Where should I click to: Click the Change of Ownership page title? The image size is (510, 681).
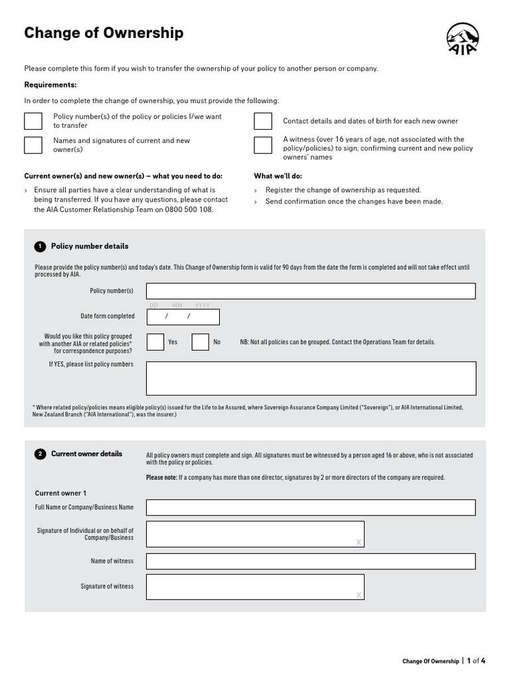click(104, 33)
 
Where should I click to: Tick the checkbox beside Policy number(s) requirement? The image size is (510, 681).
click(33, 121)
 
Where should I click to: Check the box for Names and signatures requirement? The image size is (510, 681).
click(33, 145)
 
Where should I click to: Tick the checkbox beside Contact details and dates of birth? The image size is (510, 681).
click(263, 121)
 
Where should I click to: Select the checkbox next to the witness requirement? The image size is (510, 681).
click(263, 145)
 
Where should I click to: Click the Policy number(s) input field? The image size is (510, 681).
click(311, 291)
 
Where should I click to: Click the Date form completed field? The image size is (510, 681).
click(183, 317)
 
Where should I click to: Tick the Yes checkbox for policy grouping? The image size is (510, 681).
click(155, 342)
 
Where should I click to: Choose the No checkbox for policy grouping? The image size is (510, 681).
click(201, 342)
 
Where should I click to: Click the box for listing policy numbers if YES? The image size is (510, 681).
click(311, 378)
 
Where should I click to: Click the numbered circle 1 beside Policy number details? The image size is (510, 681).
click(40, 247)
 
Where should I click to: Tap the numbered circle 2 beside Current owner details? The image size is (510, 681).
click(40, 454)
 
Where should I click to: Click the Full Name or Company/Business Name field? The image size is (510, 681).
click(311, 507)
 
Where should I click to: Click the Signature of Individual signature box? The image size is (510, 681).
click(255, 534)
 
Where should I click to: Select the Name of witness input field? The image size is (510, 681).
click(311, 561)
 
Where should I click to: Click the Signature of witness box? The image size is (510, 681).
click(255, 587)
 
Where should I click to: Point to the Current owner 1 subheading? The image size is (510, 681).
click(60, 493)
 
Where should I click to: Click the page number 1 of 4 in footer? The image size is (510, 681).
click(476, 661)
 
